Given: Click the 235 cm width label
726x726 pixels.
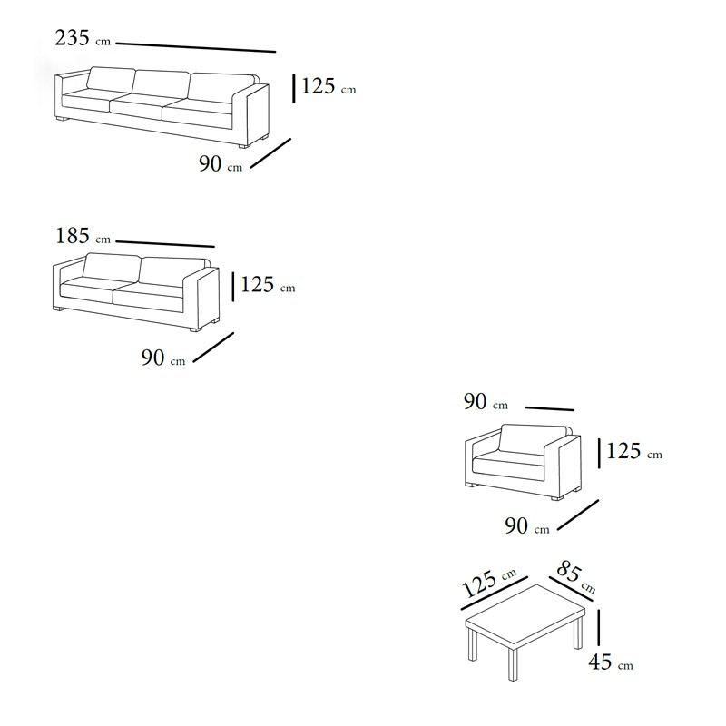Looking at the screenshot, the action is pyautogui.click(x=83, y=38).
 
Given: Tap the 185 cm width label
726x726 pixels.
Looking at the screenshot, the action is pyautogui.click(x=83, y=236).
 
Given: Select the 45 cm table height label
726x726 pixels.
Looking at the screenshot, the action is pyautogui.click(x=611, y=662).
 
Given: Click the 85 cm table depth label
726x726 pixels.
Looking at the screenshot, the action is pyautogui.click(x=575, y=576).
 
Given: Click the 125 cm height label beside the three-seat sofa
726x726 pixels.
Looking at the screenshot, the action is pyautogui.click(x=329, y=86).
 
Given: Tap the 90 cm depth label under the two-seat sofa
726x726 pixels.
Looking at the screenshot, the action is pyautogui.click(x=163, y=358).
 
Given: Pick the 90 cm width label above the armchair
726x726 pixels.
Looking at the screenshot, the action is pyautogui.click(x=486, y=401).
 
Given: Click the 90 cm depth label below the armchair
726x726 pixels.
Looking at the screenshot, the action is pyautogui.click(x=527, y=526).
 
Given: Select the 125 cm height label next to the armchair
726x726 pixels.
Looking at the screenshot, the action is pyautogui.click(x=634, y=451).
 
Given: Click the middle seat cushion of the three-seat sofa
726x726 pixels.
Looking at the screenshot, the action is pyautogui.click(x=137, y=108).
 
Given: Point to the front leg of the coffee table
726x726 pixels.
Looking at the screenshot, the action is pyautogui.click(x=513, y=663).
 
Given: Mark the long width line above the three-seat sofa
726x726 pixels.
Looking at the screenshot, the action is pyautogui.click(x=195, y=47).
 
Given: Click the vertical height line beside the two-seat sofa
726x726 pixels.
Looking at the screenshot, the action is pyautogui.click(x=233, y=287).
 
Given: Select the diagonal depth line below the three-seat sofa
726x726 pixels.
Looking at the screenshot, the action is pyautogui.click(x=270, y=153).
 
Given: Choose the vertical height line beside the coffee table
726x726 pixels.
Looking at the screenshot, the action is pyautogui.click(x=599, y=627).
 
